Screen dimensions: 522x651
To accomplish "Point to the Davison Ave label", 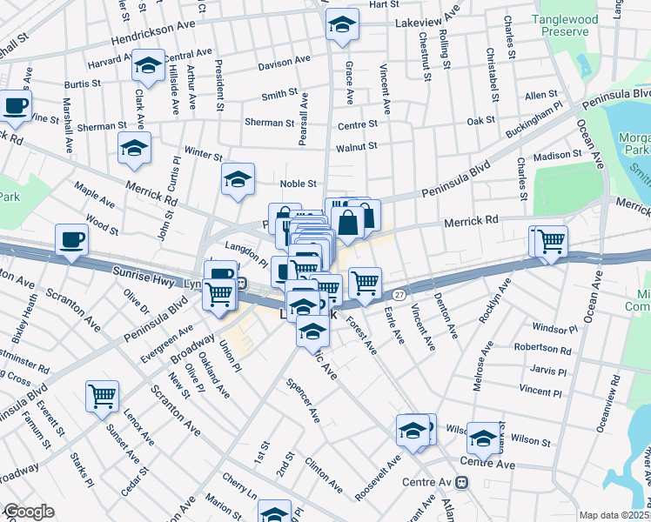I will point(284,63).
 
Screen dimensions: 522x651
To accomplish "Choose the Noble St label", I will point(297,184).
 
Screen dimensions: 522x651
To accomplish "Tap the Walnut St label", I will point(356,146).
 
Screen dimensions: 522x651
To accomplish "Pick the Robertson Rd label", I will point(542,350).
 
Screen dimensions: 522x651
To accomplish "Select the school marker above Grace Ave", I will point(342,25).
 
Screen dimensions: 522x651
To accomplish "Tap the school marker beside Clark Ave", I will point(148,65).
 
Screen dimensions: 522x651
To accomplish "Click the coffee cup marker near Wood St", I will point(71,238).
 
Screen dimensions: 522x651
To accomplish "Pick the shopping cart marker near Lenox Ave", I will point(102,396).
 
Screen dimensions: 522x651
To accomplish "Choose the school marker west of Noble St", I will point(238,178).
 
